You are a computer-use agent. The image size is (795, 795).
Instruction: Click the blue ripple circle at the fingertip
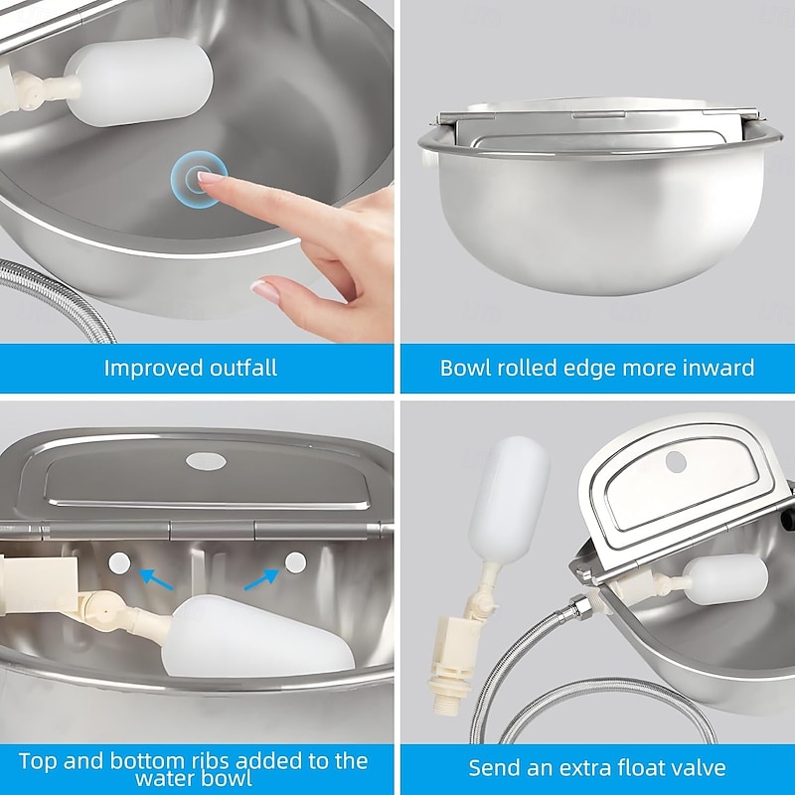pyautogui.click(x=199, y=179)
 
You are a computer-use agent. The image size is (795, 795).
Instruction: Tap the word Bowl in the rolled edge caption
pyautogui.click(x=465, y=368)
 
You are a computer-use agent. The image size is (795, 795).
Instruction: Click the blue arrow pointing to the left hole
pyautogui.click(x=156, y=579)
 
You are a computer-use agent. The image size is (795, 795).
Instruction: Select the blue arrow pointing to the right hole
pyautogui.click(x=261, y=579)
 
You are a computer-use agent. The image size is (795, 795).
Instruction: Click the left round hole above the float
pyautogui.click(x=119, y=563)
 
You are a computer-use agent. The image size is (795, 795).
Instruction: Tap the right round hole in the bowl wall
pyautogui.click(x=295, y=562)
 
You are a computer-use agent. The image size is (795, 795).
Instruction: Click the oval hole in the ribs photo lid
pyautogui.click(x=206, y=461)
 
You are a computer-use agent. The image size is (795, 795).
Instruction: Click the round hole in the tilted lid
pyautogui.click(x=676, y=461)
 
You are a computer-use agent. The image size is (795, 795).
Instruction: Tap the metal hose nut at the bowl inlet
pyautogui.click(x=579, y=605)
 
